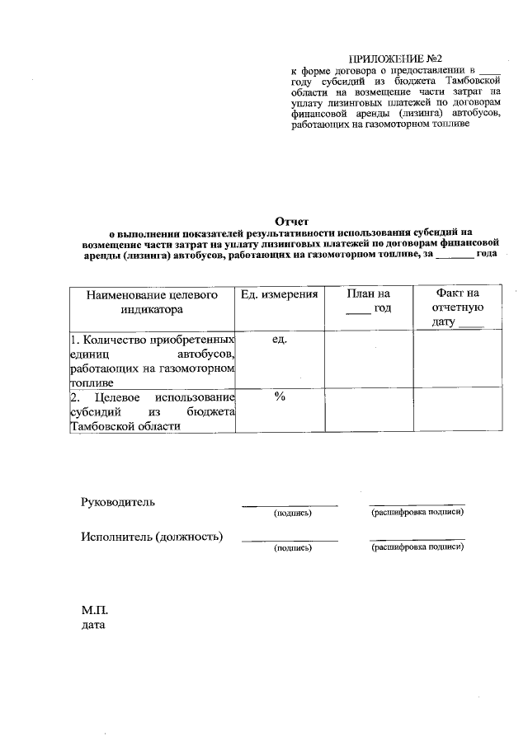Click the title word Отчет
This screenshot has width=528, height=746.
(290, 221)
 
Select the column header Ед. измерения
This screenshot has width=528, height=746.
(279, 294)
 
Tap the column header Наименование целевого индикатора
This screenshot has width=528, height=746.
(151, 302)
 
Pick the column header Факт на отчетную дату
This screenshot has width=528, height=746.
(458, 308)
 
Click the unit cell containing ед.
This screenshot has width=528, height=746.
(279, 340)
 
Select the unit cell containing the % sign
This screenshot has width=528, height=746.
(279, 396)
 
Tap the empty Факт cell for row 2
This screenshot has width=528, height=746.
(458, 410)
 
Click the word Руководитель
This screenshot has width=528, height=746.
(117, 502)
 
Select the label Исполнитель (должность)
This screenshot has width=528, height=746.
(152, 537)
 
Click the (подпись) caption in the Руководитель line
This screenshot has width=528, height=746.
(292, 513)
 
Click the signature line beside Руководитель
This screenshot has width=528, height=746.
(290, 504)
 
